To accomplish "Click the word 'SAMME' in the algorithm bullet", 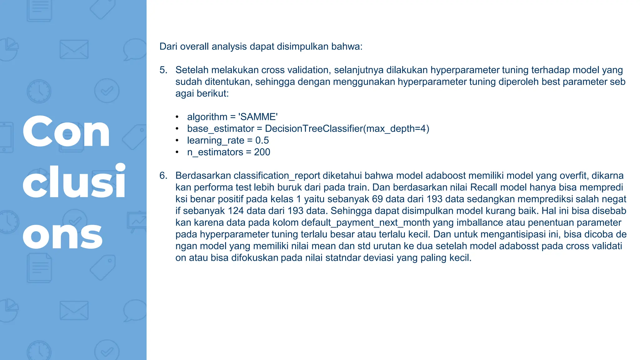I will coord(258,117).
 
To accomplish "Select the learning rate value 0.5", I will coord(262,140).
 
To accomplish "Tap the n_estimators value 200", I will coord(262,152).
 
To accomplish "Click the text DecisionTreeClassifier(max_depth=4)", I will coord(347,129).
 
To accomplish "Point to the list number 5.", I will coord(163,70).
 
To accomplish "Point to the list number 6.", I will coord(163,176).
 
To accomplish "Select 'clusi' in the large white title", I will coord(74,182).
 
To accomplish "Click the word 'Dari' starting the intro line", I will coord(168,47).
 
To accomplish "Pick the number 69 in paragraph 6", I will coord(377,199).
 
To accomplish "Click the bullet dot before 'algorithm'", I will coord(177,117).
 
